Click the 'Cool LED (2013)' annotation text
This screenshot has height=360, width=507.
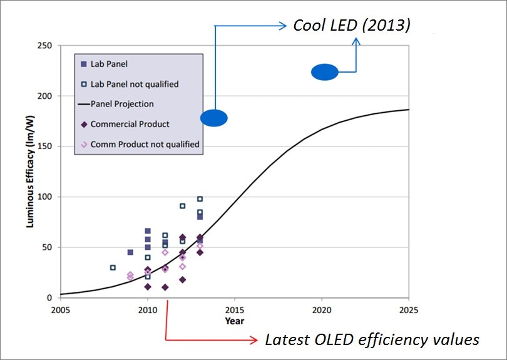pos(352,26)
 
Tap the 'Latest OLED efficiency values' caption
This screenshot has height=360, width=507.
pos(372,340)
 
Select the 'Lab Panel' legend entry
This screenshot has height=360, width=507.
pos(110,64)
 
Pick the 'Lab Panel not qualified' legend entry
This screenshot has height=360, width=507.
pos(134,84)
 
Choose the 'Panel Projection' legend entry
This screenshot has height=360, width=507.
pos(121,104)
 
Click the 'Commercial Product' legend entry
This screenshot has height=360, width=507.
pos(130,124)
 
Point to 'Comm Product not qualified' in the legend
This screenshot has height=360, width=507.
pos(145,144)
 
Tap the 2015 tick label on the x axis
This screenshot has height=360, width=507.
pos(235,310)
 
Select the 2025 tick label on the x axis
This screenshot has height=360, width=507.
pos(408,310)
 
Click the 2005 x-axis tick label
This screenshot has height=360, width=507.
pos(61,310)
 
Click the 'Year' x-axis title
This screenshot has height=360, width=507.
pos(235,321)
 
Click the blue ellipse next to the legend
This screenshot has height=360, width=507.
pos(214,118)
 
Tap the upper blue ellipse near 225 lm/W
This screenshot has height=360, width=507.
pos(325,73)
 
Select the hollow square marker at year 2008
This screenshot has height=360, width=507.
pos(113,267)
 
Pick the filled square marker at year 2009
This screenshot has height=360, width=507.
pos(130,252)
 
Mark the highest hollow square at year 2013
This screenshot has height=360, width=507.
pos(200,199)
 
